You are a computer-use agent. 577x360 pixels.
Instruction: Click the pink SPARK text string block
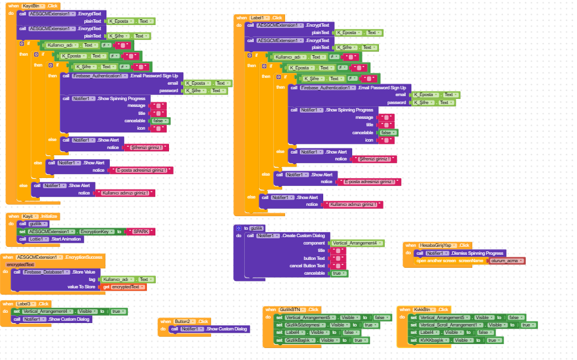pyautogui.click(x=139, y=231)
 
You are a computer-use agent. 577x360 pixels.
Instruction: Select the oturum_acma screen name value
pyautogui.click(x=506, y=260)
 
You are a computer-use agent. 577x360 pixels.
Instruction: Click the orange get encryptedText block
pyautogui.click(x=123, y=287)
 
